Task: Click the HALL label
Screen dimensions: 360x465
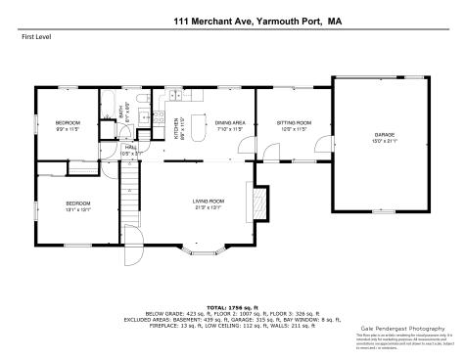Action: (x=128, y=148)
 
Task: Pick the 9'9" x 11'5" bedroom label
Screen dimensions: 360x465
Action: (x=66, y=125)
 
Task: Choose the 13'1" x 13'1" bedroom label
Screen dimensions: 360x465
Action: (x=65, y=205)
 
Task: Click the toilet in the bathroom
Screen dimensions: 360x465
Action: (x=144, y=99)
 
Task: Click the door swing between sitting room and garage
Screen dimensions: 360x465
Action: (x=318, y=148)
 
